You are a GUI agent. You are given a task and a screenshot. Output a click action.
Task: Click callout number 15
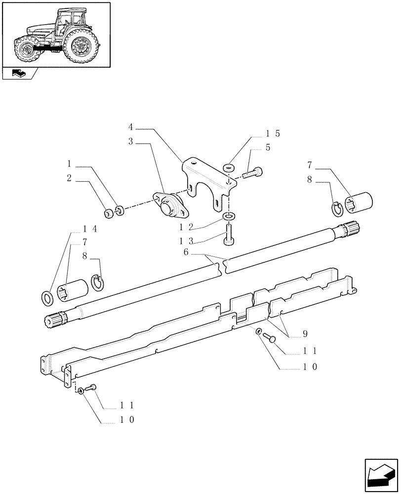pos(273,134)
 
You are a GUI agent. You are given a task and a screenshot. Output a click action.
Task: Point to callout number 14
pos(90,229)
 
